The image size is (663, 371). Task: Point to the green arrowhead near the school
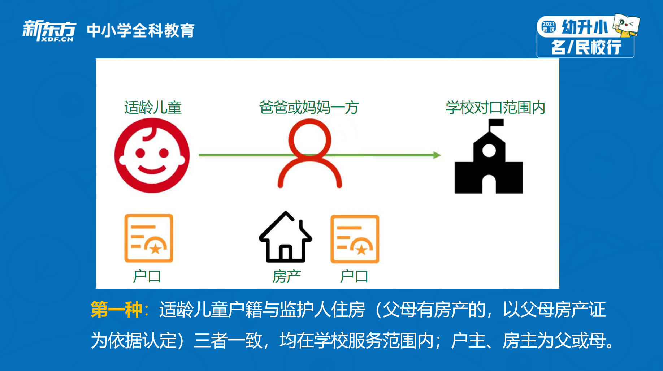coord(437,155)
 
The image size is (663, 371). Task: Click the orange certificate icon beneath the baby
coord(149,238)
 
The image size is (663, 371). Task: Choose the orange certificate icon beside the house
coord(355,239)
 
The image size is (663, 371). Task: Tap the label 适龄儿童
coord(153,108)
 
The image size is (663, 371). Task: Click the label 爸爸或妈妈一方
coord(309,108)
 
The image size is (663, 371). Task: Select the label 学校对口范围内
coord(495,108)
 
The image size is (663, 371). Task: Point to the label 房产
coord(287,277)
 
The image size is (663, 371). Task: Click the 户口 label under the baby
coord(147,277)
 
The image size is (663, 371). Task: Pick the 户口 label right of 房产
coord(354,277)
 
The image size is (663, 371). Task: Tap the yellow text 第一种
coord(116,310)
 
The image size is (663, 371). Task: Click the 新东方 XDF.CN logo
coord(49,31)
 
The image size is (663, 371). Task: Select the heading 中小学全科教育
coord(141,30)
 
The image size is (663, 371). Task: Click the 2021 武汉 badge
coord(549,27)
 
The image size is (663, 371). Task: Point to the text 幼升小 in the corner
coord(585,27)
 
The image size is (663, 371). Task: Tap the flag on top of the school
coord(496,123)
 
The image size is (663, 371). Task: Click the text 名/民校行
coord(586,47)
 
